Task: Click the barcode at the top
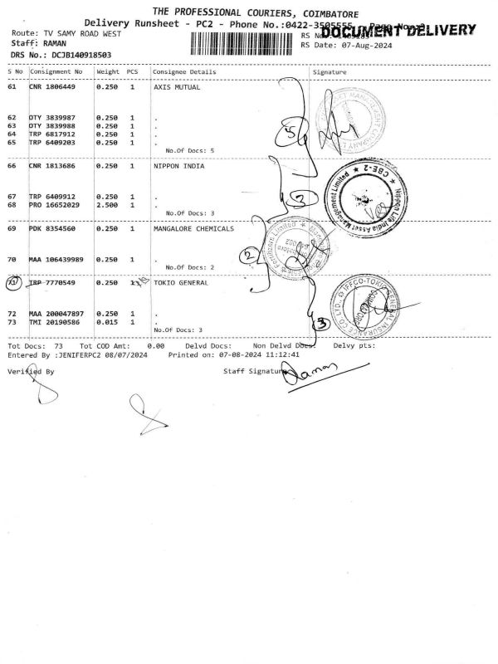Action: pyautogui.click(x=241, y=43)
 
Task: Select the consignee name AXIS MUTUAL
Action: pyautogui.click(x=177, y=86)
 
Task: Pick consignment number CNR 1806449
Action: pyautogui.click(x=52, y=86)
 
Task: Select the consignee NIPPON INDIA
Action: pyautogui.click(x=179, y=165)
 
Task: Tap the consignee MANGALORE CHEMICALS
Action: pyautogui.click(x=193, y=227)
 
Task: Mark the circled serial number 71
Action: pyautogui.click(x=12, y=283)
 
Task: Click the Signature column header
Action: pyautogui.click(x=330, y=71)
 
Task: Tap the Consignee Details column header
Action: pyautogui.click(x=184, y=71)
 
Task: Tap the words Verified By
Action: pyautogui.click(x=31, y=372)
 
